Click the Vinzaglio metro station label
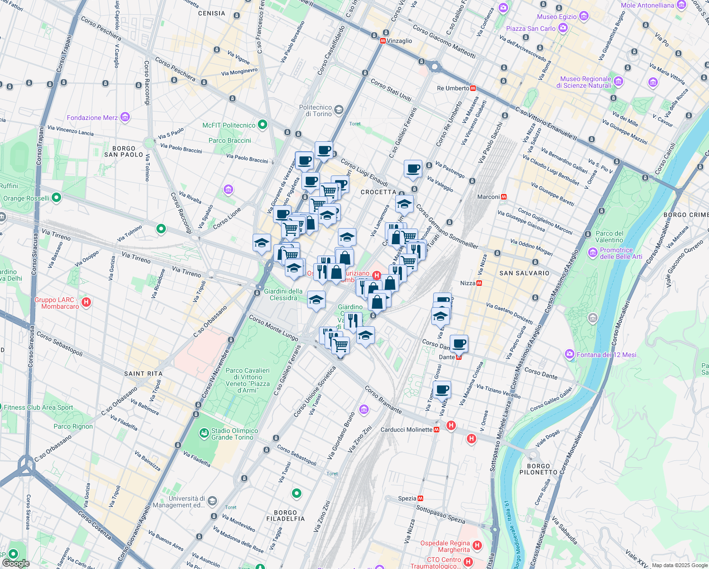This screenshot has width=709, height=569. (399, 41)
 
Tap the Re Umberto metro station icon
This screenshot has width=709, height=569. (473, 89)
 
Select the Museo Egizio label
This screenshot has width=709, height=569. (557, 17)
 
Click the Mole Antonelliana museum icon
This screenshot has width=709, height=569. (682, 5)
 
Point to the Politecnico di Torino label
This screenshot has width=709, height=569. (315, 110)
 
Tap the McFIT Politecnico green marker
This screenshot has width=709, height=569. (262, 125)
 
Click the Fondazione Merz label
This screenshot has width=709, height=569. (92, 118)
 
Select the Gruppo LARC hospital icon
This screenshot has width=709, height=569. (86, 302)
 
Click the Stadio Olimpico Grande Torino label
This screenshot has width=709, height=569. (235, 434)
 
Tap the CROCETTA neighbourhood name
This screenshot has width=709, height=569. (378, 192)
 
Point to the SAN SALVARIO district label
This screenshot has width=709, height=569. (524, 273)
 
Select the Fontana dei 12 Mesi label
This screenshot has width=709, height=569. (606, 355)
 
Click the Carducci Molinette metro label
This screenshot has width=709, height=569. (406, 430)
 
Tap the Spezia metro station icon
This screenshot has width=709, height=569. (420, 498)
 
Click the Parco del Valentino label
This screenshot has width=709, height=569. (609, 237)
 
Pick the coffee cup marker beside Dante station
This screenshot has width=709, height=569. (459, 343)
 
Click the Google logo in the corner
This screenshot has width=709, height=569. (16, 563)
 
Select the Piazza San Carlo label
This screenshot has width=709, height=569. (530, 28)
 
